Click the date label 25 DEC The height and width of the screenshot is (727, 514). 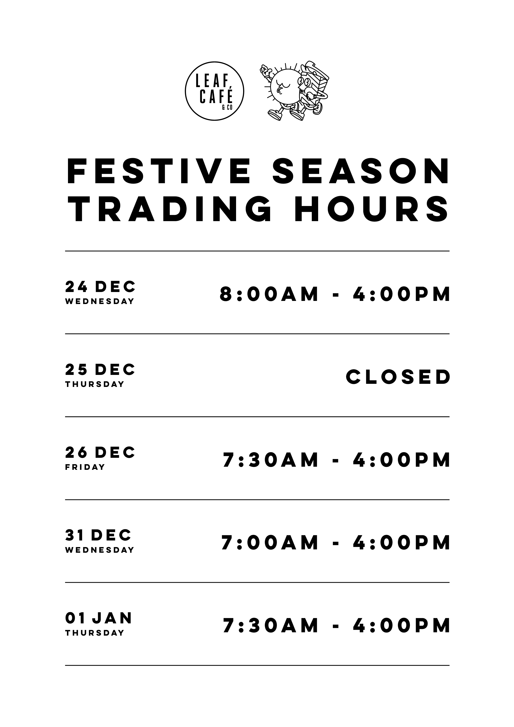[x=100, y=370]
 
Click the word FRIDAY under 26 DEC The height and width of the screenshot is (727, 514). [x=85, y=467]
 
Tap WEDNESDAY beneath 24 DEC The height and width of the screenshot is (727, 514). [x=100, y=302]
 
